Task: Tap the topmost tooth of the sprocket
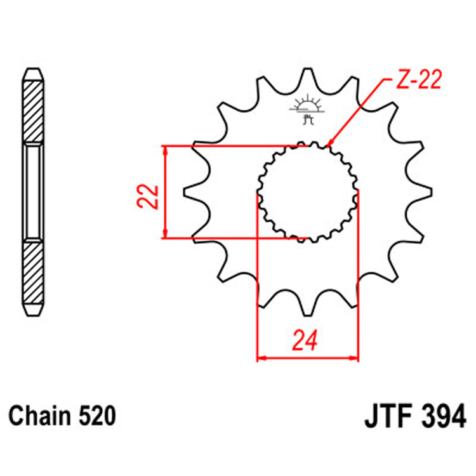[307, 76]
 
